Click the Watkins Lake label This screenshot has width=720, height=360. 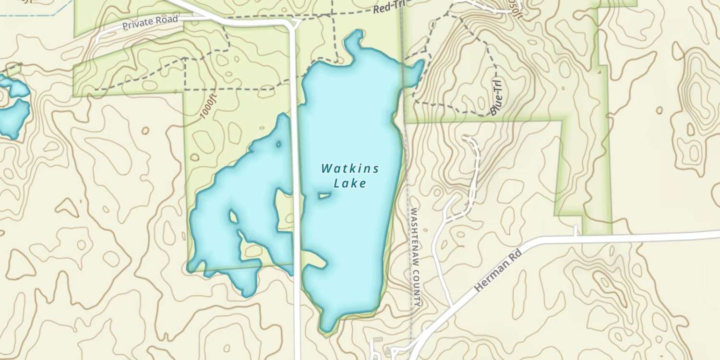pyautogui.click(x=350, y=176)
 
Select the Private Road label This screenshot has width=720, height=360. pyautogui.click(x=150, y=23)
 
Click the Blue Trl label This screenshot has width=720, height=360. pyautogui.click(x=498, y=98)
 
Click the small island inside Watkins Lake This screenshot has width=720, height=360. pyautogui.click(x=324, y=195)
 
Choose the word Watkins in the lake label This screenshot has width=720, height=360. pyautogui.click(x=350, y=168)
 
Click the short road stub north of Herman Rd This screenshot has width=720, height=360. pyautogui.click(x=576, y=230)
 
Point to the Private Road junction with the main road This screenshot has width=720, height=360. pyautogui.click(x=292, y=23)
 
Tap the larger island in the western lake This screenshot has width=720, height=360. pyautogui.click(x=234, y=217)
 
